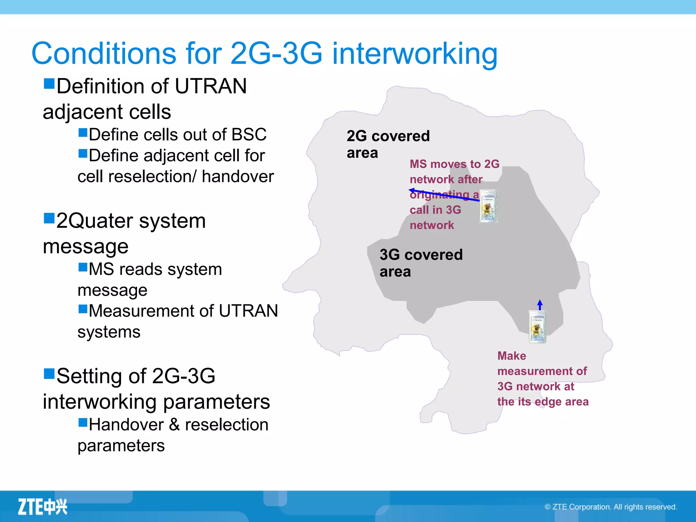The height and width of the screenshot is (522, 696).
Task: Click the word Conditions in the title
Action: (x=104, y=53)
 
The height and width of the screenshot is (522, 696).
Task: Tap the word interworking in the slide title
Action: (x=414, y=53)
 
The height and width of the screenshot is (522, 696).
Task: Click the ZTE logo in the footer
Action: (x=42, y=507)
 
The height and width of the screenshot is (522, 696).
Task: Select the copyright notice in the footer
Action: (x=611, y=507)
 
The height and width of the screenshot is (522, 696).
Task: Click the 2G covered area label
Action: (x=388, y=144)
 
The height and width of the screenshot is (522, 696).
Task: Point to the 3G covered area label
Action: (x=421, y=263)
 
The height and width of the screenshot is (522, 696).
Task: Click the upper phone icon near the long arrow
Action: (x=488, y=207)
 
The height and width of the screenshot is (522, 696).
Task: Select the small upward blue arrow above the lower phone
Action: (x=540, y=304)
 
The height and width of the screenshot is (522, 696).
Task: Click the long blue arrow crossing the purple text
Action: (x=443, y=195)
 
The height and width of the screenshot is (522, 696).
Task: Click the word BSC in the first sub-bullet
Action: (x=249, y=135)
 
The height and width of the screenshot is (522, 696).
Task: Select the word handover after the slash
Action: (x=238, y=176)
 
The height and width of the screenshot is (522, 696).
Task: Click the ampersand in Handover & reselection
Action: (x=174, y=424)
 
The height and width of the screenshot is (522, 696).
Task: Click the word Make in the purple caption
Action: (x=511, y=356)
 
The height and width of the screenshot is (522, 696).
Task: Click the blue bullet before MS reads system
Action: (x=83, y=267)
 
